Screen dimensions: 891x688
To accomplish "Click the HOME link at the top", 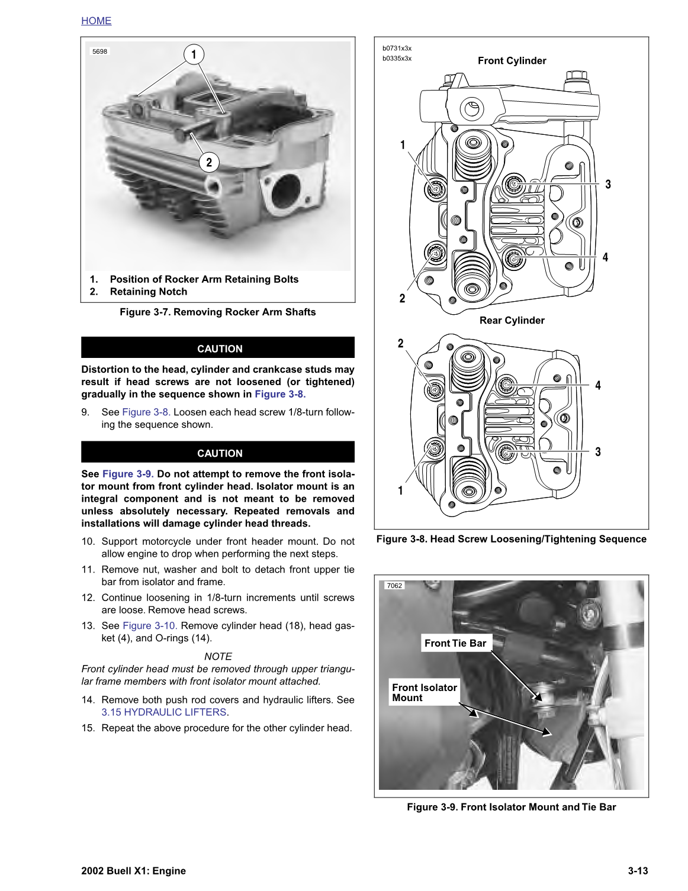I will click(96, 21).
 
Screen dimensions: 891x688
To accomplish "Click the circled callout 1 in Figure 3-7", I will click(194, 54).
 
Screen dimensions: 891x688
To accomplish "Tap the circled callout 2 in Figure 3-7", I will click(208, 162).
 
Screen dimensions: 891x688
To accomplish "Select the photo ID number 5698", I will click(99, 51).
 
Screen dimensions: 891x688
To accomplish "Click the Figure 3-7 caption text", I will click(217, 312).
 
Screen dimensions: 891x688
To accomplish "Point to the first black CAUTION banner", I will click(218, 348).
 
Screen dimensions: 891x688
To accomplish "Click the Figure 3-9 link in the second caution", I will click(128, 474).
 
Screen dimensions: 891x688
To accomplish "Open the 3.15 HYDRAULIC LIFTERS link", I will click(164, 712).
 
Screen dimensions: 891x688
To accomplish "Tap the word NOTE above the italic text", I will click(218, 657).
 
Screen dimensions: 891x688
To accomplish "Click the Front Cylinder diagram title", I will click(512, 61).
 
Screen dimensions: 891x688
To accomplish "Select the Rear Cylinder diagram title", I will click(512, 321).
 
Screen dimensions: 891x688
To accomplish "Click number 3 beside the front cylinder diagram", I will click(607, 185).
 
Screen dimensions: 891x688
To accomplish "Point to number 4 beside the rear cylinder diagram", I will click(598, 386).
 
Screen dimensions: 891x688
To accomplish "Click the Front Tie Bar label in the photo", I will click(455, 643).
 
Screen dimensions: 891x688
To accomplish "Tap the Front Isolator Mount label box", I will click(424, 692).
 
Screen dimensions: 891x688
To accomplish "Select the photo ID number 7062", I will click(394, 586).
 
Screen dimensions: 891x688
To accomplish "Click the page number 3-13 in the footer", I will click(638, 871).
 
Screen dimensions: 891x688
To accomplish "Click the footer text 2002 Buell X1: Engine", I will click(134, 871).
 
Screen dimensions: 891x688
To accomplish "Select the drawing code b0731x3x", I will click(397, 49).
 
